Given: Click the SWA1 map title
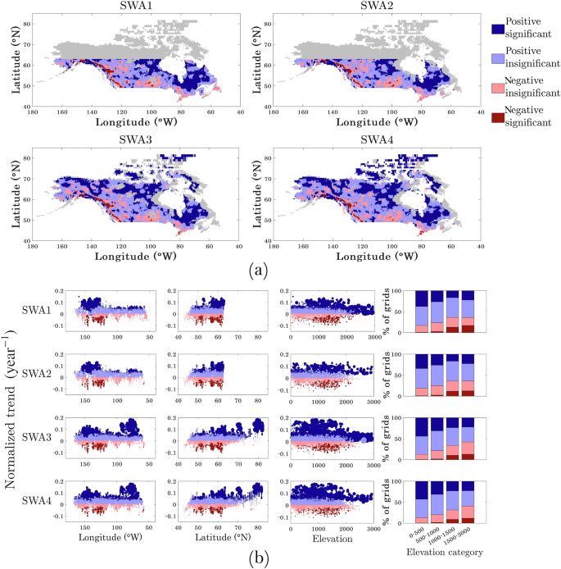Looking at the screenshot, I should click(x=134, y=7).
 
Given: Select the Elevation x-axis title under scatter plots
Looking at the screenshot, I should click(x=331, y=538).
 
